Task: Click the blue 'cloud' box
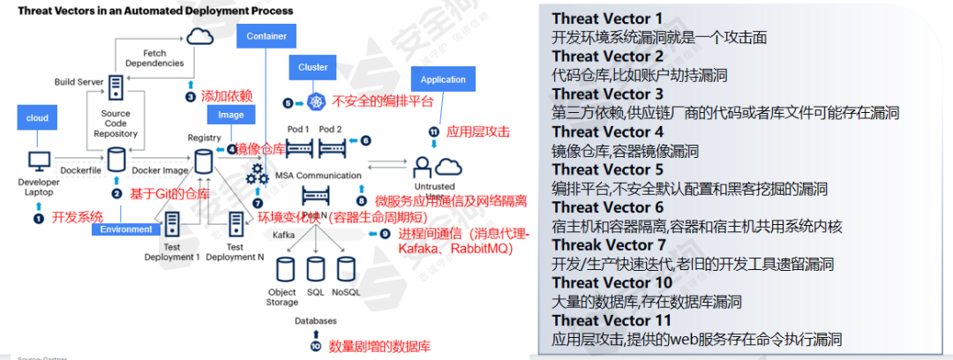click(x=37, y=117)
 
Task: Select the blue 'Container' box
click(x=267, y=37)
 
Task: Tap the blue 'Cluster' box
click(x=313, y=67)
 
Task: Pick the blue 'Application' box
click(x=443, y=79)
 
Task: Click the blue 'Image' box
click(x=225, y=115)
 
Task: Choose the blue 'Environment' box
click(x=125, y=229)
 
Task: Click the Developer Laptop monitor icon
click(x=39, y=162)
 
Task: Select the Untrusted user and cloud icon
click(x=435, y=166)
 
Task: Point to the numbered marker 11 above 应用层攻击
click(x=433, y=131)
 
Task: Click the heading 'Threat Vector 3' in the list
click(x=607, y=94)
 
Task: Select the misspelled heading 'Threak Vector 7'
click(x=607, y=244)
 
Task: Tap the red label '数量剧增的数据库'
click(x=379, y=345)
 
